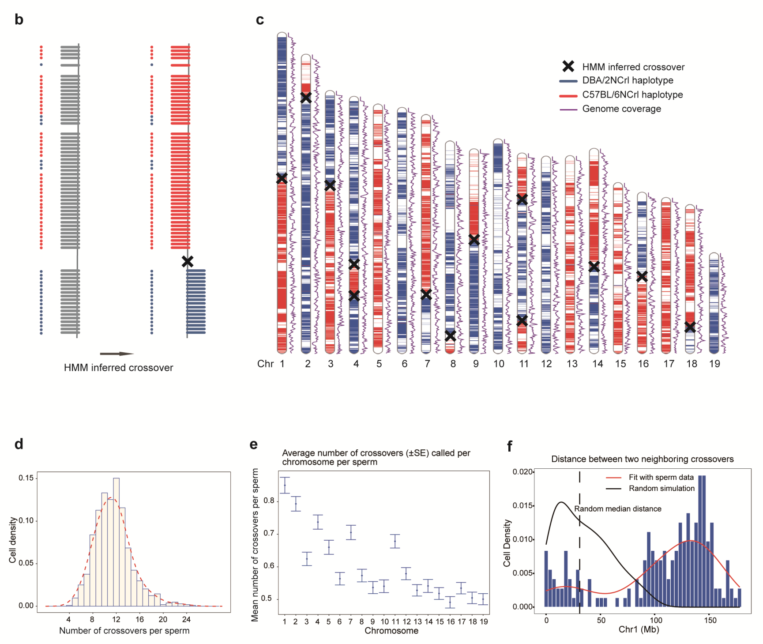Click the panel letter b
(x=19, y=19)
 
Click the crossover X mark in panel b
(x=188, y=261)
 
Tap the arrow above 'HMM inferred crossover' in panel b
(x=117, y=354)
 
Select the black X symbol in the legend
(x=568, y=66)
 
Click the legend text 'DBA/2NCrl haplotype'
(x=628, y=80)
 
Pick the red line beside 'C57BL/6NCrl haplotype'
(x=568, y=95)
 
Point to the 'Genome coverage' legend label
(x=621, y=109)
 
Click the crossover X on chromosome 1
(x=282, y=178)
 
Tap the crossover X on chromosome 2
(x=306, y=98)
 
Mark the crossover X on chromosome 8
(x=450, y=336)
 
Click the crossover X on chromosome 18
(x=690, y=327)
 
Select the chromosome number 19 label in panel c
(x=714, y=364)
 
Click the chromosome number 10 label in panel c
(x=499, y=364)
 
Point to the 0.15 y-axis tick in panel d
(x=26, y=478)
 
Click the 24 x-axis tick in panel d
(x=186, y=619)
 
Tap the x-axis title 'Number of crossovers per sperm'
(x=124, y=631)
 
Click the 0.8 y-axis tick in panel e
(x=269, y=501)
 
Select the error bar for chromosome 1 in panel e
(x=285, y=485)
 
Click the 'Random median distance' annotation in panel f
(x=617, y=509)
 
